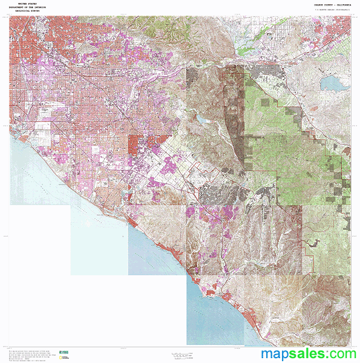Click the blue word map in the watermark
275,354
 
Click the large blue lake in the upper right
333,82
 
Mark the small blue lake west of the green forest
201,119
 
